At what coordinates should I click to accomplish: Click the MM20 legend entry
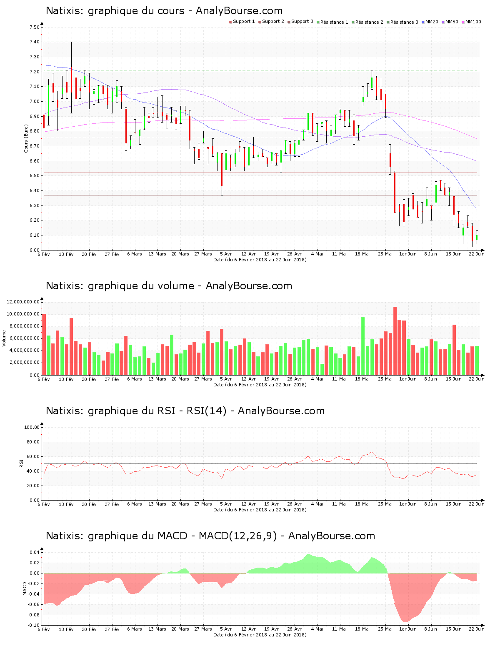[x=431, y=22]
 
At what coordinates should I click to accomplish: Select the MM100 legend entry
[x=472, y=22]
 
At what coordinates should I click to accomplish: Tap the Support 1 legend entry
[x=243, y=22]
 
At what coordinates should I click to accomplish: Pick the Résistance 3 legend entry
[x=404, y=22]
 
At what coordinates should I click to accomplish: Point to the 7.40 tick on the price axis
[x=35, y=42]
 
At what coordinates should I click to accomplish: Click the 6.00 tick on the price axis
[x=35, y=250]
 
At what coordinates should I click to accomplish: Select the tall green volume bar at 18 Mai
[x=363, y=346]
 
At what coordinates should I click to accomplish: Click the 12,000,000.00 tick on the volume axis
[x=23, y=302]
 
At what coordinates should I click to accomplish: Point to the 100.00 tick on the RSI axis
[x=32, y=427]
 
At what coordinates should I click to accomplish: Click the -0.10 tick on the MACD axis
[x=34, y=625]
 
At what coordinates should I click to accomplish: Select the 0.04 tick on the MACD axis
[x=35, y=553]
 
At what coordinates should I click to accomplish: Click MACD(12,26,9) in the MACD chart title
[x=237, y=536]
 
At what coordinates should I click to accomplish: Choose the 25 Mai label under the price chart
[x=385, y=254]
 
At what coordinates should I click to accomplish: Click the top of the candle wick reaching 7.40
[x=71, y=42]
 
